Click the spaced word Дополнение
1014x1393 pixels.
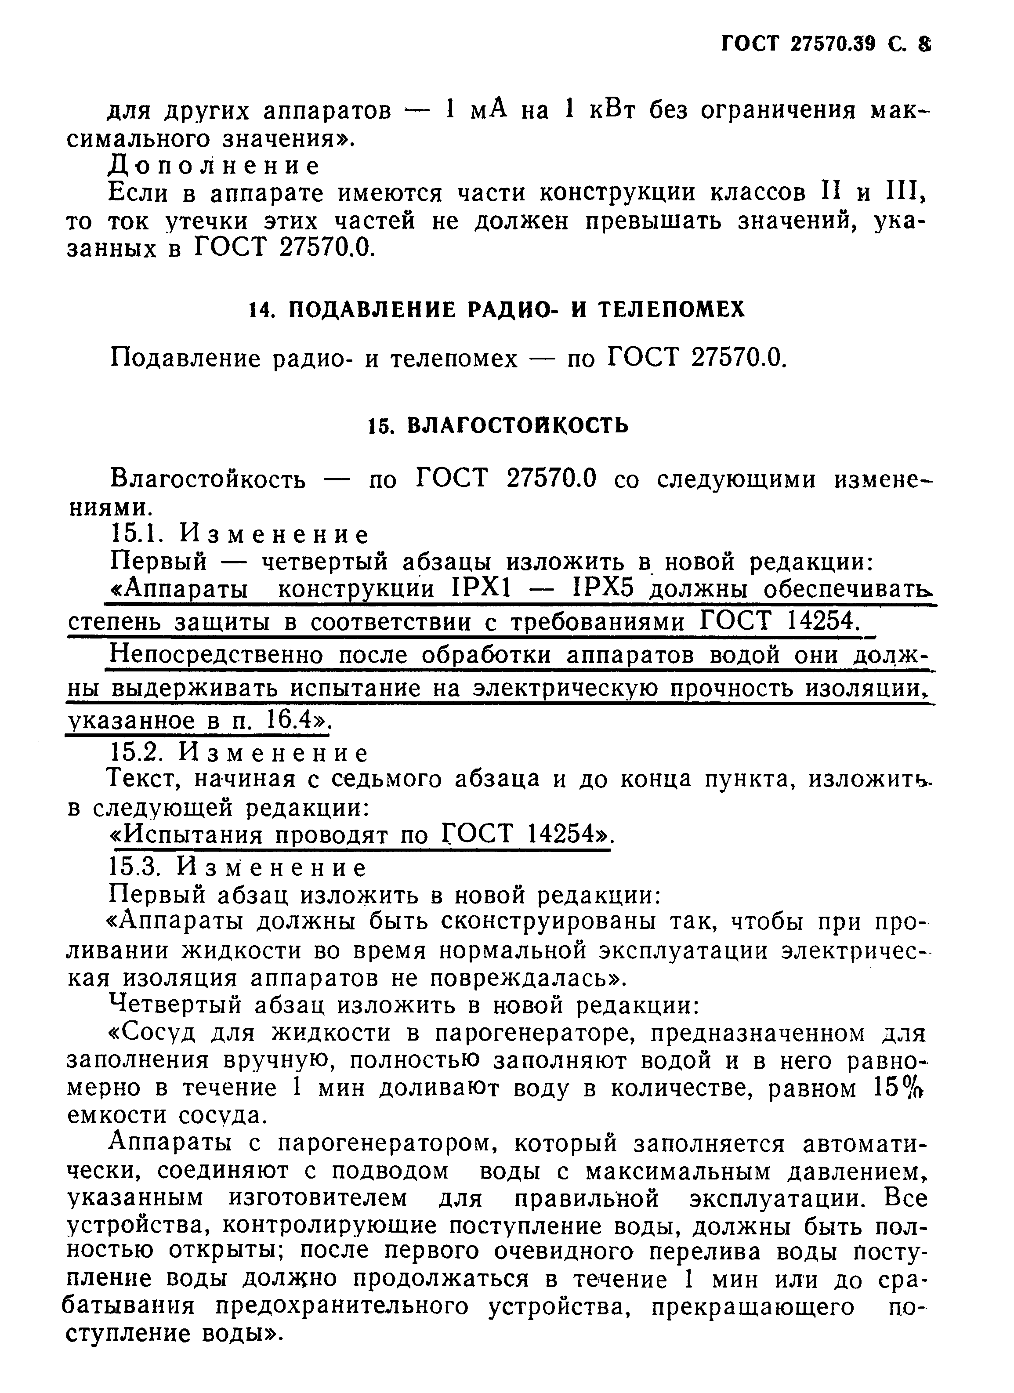pyautogui.click(x=214, y=165)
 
